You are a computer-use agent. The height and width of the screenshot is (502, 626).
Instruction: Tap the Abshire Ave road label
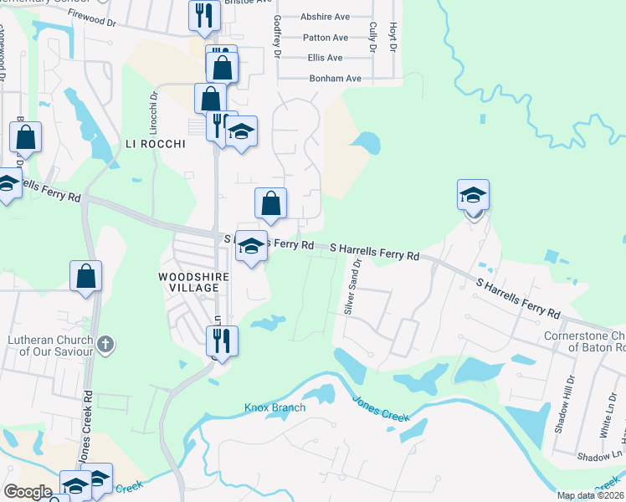click(326, 17)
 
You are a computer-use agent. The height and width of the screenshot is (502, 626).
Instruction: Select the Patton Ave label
click(326, 38)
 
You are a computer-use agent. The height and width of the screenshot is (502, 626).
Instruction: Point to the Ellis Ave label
click(325, 58)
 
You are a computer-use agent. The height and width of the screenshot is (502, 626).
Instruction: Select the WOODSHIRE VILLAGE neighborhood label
click(188, 281)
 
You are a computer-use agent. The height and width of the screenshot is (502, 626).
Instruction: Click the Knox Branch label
click(275, 407)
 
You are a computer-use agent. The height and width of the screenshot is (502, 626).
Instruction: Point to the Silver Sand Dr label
click(351, 285)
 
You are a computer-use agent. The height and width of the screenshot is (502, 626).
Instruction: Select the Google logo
click(28, 492)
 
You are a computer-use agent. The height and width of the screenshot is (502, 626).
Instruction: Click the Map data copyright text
click(591, 495)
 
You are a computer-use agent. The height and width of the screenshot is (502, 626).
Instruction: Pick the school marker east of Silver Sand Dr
click(473, 195)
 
